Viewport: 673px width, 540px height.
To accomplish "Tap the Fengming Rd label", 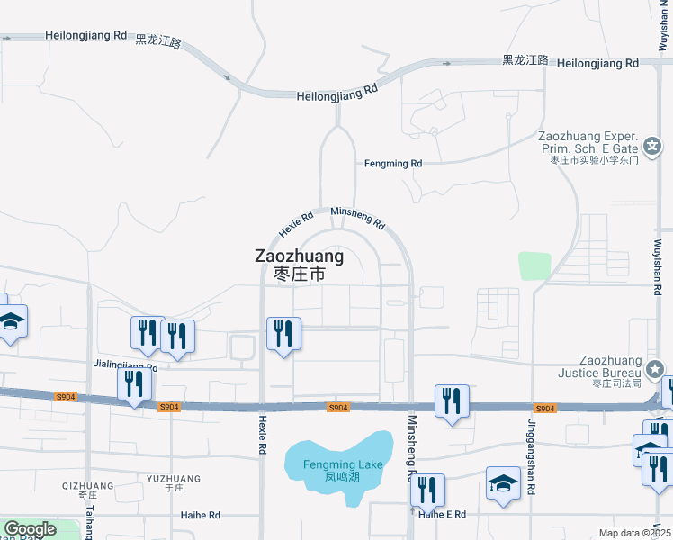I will click(392, 164).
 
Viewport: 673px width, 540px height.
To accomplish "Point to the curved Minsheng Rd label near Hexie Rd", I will click(358, 217).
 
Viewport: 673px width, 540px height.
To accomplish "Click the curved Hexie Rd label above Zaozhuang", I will click(296, 224).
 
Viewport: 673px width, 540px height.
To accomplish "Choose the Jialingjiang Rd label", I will click(125, 365).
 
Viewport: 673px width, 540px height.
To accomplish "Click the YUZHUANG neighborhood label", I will click(174, 479).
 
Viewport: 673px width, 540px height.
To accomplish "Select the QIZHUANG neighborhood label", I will click(88, 486).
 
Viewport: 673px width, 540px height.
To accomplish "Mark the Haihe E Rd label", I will click(443, 514).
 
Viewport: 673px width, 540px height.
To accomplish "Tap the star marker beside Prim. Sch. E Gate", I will click(651, 146).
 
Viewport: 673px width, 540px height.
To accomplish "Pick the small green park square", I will click(534, 265).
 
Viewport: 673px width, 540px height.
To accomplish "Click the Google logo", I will click(30, 529).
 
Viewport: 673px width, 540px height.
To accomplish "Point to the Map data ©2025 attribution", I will click(635, 533).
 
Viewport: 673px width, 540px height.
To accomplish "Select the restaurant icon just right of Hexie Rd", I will click(283, 333).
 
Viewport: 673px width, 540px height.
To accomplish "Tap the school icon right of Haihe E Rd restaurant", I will click(503, 483).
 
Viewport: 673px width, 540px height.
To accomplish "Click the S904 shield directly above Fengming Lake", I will click(337, 408).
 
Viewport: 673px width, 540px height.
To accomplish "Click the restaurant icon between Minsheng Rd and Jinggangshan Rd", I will click(452, 400).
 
